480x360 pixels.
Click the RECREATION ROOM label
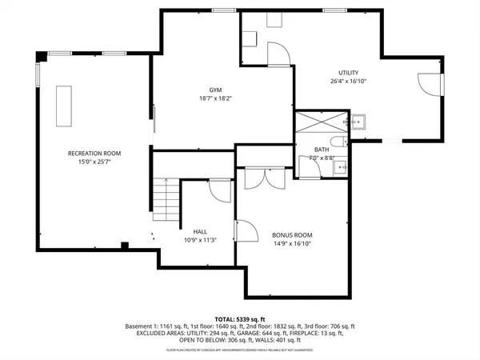(94, 152)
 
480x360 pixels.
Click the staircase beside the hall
(166, 200)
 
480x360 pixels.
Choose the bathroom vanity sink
(339, 166)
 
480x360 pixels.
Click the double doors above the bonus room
(263, 178)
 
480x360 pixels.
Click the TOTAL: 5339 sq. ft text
(239, 318)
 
